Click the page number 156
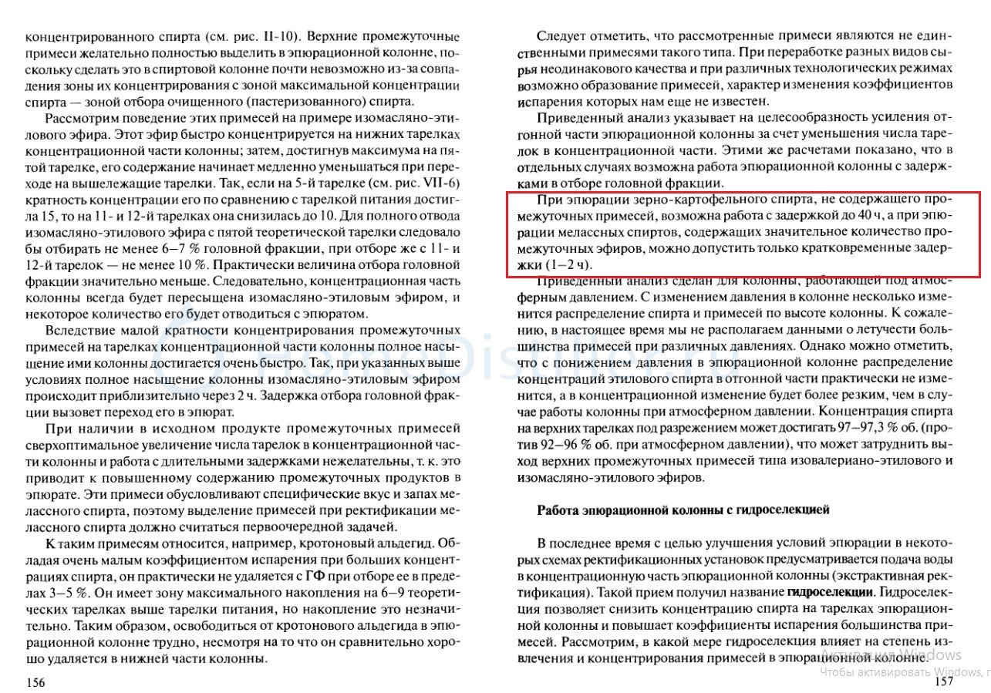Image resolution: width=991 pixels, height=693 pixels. point(36,682)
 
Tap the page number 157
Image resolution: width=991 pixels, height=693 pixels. point(944,681)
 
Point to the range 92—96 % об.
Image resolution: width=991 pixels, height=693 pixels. point(570,443)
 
